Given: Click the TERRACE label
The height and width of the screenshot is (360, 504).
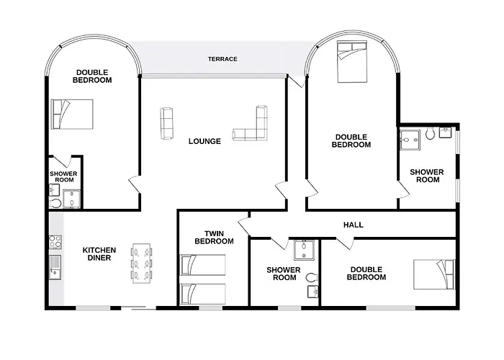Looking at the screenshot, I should point(222,59).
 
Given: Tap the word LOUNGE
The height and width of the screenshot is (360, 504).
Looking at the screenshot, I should point(204,141).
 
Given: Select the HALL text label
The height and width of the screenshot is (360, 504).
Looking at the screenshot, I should point(353,225).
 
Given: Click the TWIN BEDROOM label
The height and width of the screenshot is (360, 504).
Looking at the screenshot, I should point(214,238).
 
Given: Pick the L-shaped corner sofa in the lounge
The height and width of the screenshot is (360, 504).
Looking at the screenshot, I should point(252,125).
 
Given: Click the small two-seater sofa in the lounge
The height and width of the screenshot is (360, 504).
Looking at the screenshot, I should point(167,122).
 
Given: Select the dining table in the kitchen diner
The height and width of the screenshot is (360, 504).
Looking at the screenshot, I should point(140,263).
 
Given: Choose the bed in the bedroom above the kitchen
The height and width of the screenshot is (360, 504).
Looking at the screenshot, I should point(72,113).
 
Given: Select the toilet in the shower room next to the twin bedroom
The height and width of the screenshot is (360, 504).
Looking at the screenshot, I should point(312,278).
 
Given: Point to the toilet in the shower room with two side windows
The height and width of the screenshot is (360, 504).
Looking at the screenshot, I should point(430,134).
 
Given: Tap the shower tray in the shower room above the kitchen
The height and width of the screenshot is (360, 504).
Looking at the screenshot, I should point(72,199).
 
